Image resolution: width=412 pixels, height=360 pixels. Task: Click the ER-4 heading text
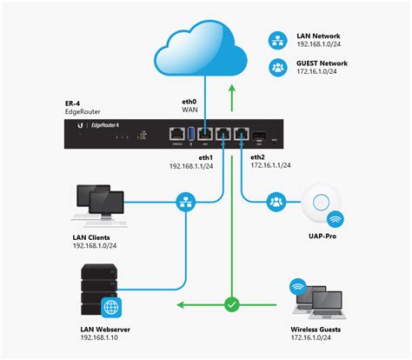(76, 102)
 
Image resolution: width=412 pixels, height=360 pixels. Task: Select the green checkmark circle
(231, 305)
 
